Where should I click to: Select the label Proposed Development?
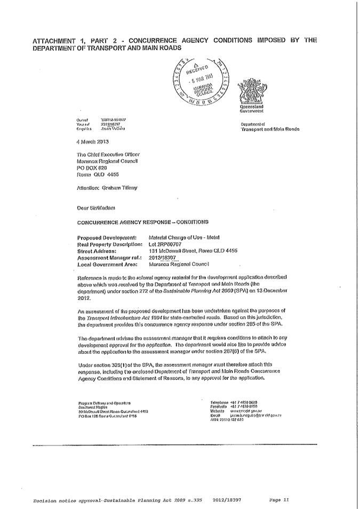click(107, 237)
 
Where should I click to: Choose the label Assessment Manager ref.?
click(109, 257)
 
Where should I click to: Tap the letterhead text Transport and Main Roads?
click(270, 129)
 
